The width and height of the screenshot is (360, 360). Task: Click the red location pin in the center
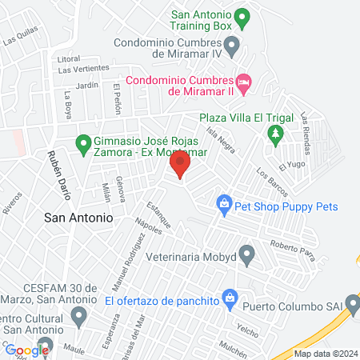click(x=180, y=166)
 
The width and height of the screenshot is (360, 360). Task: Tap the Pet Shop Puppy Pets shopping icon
click(x=226, y=206)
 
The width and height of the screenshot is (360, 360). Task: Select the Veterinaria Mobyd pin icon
click(x=247, y=257)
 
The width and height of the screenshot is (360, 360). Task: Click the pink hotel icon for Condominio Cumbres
click(x=243, y=81)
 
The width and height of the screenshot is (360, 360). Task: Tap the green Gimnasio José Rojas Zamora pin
click(x=82, y=143)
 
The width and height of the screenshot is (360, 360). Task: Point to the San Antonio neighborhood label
click(x=78, y=217)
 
